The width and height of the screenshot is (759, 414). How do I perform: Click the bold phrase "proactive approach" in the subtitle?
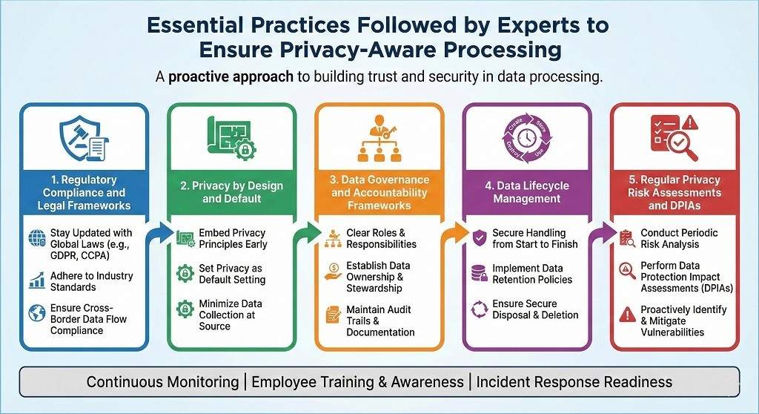231,77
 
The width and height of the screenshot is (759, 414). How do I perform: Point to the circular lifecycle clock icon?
527,138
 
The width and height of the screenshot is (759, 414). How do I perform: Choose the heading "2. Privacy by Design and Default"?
232,192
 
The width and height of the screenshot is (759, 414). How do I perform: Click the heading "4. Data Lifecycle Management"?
527,192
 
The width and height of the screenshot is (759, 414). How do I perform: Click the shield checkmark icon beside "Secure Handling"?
478,238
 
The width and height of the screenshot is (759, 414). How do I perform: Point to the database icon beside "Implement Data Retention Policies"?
478,273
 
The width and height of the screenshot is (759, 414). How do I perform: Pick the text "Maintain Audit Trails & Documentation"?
379,321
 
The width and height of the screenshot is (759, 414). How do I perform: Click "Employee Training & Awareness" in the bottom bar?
359,382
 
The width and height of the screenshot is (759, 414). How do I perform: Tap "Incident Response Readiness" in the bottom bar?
574,382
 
